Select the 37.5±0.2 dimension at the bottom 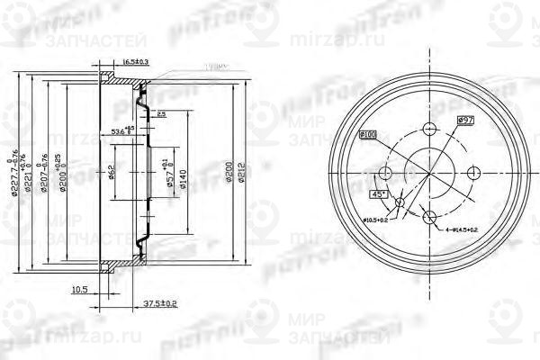160,302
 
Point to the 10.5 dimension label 78,290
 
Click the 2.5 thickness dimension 161,115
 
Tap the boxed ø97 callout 465,119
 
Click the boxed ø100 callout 370,136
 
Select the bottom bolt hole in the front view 430,215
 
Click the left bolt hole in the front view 386,172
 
